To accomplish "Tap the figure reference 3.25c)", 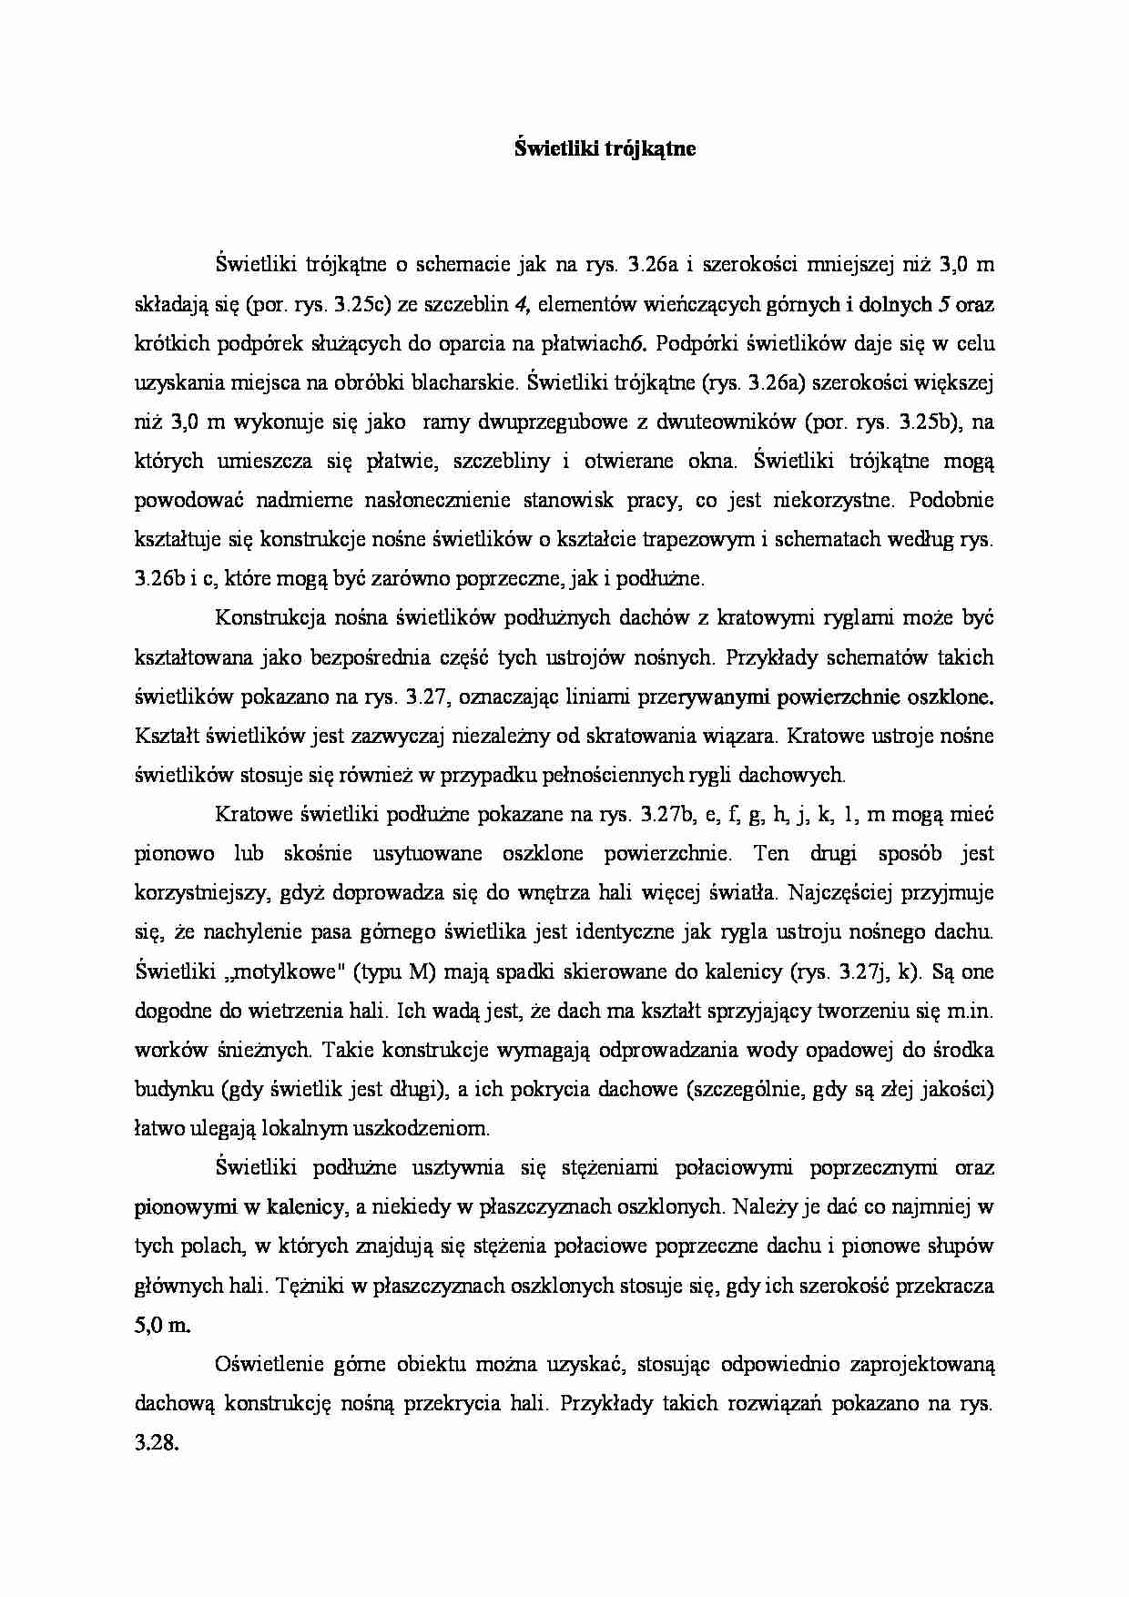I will (369, 305).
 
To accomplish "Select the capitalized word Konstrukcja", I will (267, 618).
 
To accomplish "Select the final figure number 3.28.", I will (155, 1443).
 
